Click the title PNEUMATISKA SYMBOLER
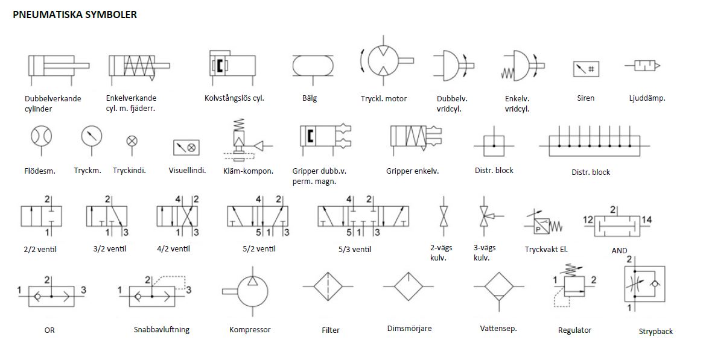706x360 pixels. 75,14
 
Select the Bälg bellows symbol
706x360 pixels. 312,65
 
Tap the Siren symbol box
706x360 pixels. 586,69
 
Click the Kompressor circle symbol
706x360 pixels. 253,291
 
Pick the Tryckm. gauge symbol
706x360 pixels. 92,136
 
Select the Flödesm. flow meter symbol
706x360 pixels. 42,136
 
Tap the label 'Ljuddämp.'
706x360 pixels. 647,98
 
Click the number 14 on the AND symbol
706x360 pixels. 646,220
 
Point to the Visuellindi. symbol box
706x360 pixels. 186,147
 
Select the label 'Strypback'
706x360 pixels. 655,331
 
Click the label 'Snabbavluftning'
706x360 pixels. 162,329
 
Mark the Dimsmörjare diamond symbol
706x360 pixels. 409,286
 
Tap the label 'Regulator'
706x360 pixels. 574,330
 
